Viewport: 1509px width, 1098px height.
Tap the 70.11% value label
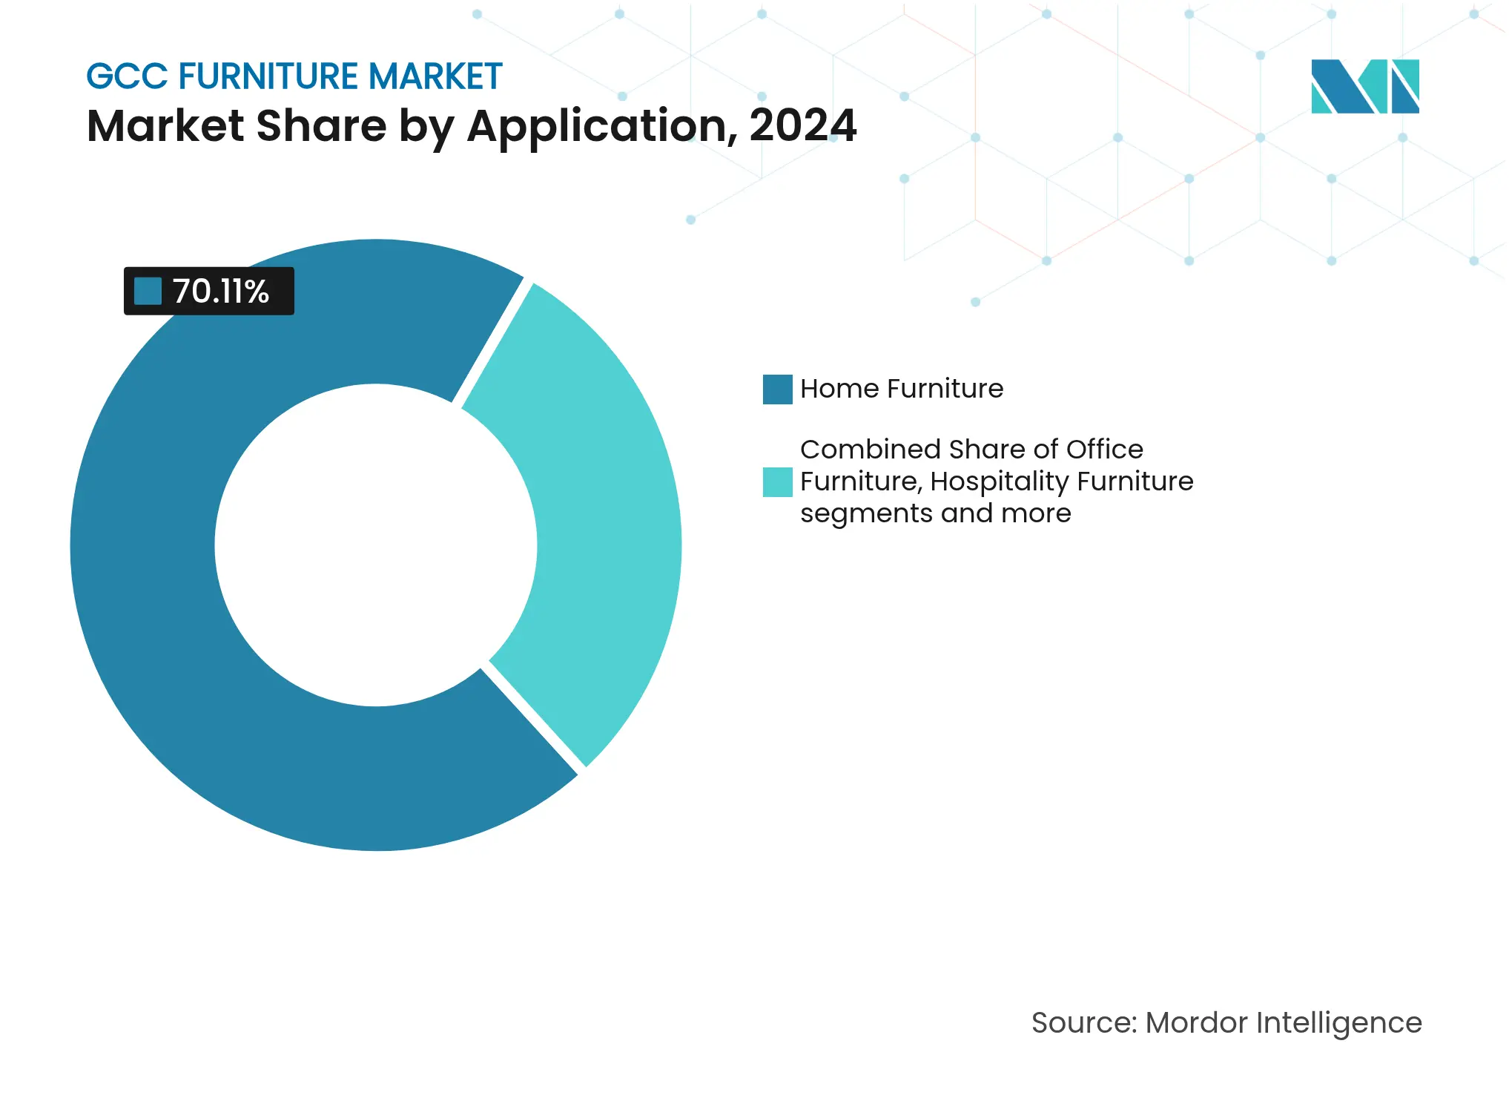pos(220,292)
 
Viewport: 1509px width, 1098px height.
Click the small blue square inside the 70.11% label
pos(148,291)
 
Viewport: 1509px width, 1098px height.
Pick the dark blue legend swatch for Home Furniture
pos(777,389)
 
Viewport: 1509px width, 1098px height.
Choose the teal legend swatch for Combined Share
pos(777,482)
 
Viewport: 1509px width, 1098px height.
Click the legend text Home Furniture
pos(902,389)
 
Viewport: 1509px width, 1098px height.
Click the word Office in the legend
pos(1104,450)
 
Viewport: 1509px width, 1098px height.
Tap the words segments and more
pos(935,513)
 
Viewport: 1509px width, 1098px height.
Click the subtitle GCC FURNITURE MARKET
pos(294,76)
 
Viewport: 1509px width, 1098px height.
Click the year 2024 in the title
pos(802,126)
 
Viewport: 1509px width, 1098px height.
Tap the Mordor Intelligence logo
pos(1364,87)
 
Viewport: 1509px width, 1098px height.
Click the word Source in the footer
pos(1083,1023)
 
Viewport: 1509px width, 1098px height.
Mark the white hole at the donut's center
pos(376,545)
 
